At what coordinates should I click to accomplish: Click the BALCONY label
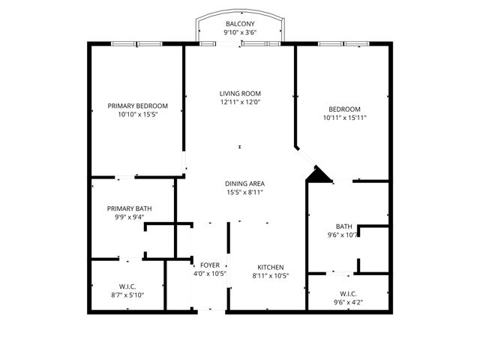pos(240,24)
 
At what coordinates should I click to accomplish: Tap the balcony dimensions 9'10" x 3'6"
pos(240,33)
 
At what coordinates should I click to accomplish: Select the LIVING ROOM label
pos(240,93)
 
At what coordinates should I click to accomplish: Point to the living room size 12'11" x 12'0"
pos(240,102)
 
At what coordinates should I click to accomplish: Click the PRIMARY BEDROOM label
pos(137,106)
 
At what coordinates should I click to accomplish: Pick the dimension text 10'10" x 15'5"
pos(137,115)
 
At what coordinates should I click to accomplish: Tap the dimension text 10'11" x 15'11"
pos(344,118)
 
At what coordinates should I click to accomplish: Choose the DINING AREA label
pos(244,184)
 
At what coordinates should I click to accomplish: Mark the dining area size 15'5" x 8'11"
pos(244,193)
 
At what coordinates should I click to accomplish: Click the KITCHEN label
pos(270,266)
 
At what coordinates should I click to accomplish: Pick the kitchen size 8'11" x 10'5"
pos(270,275)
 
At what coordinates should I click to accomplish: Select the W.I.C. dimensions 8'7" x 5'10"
pos(126,295)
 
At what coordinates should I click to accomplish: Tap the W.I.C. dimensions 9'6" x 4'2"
pos(348,302)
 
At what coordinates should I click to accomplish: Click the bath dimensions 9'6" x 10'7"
pos(344,235)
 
